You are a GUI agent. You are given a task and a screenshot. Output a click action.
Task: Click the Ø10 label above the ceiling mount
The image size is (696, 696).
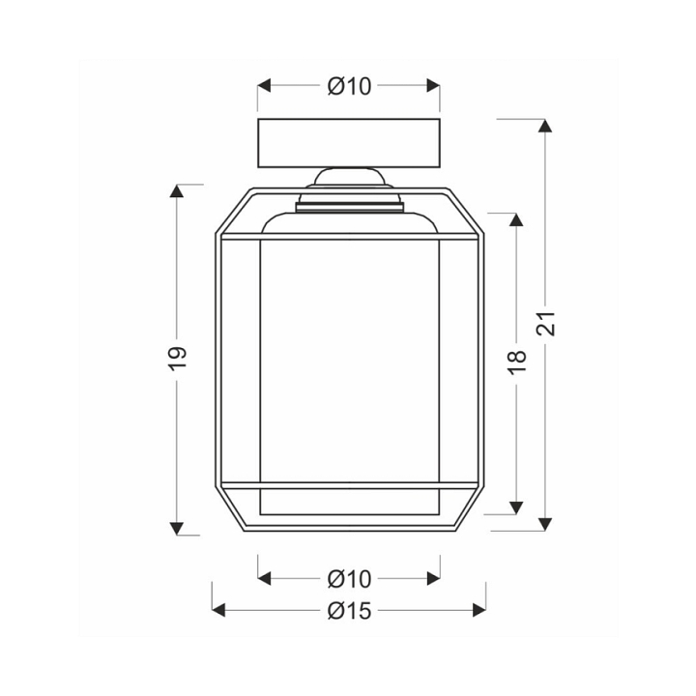(x=349, y=86)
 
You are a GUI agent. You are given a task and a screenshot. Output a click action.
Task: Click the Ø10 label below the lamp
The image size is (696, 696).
(x=349, y=579)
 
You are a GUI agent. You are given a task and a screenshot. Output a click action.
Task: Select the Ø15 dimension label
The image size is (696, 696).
(x=349, y=611)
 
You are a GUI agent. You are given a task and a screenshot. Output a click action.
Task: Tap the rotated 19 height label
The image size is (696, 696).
(x=178, y=359)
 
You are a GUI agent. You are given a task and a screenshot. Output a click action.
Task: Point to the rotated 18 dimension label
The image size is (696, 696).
(x=516, y=362)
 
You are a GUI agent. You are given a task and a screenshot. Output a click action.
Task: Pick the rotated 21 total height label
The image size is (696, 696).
(x=545, y=323)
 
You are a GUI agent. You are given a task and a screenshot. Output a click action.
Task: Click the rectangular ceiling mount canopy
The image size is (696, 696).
(x=349, y=143)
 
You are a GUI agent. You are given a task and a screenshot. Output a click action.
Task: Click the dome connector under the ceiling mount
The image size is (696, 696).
(x=349, y=177)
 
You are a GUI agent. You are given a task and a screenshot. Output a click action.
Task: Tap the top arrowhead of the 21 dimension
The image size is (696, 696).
(x=545, y=126)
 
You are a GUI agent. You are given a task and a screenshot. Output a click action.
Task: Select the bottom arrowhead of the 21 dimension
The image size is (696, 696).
(x=545, y=524)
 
